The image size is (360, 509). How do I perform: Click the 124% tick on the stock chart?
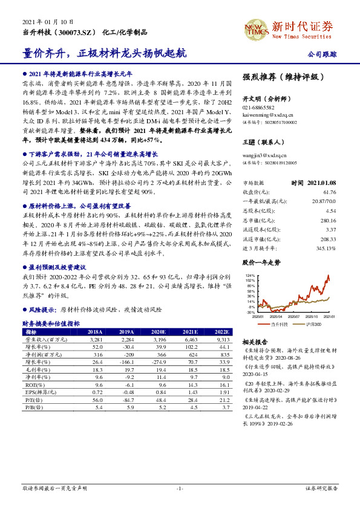249,275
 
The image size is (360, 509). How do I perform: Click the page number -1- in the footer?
180,487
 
